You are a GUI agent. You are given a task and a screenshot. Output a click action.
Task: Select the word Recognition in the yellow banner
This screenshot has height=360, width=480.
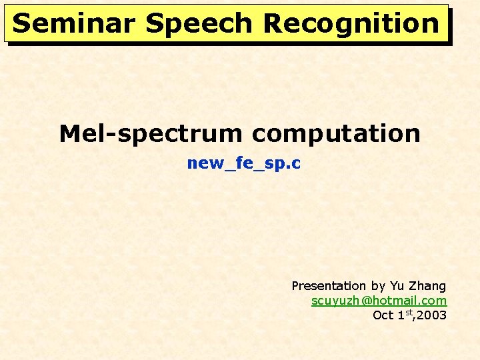click(x=351, y=23)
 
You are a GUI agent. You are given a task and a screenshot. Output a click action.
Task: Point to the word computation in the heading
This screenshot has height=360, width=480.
click(x=336, y=134)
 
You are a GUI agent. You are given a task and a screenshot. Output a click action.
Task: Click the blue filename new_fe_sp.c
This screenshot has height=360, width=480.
click(x=244, y=163)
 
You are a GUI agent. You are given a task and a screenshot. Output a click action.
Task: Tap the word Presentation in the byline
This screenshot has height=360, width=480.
click(x=329, y=286)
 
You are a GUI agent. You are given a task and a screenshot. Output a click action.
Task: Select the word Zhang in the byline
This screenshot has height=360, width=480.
click(x=427, y=286)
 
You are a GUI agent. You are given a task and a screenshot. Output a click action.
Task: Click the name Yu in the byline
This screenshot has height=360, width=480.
click(x=397, y=286)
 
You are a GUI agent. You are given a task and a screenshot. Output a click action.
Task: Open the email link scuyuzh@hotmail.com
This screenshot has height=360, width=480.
click(x=379, y=301)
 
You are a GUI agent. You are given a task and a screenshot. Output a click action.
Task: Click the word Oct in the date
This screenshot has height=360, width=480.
click(x=384, y=315)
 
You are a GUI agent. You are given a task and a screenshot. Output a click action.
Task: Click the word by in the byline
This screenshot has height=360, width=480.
click(x=378, y=286)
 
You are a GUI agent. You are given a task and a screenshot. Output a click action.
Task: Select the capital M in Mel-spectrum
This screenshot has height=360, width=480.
click(x=70, y=134)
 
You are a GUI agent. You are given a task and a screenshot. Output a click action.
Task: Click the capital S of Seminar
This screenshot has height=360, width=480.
click(x=21, y=23)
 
